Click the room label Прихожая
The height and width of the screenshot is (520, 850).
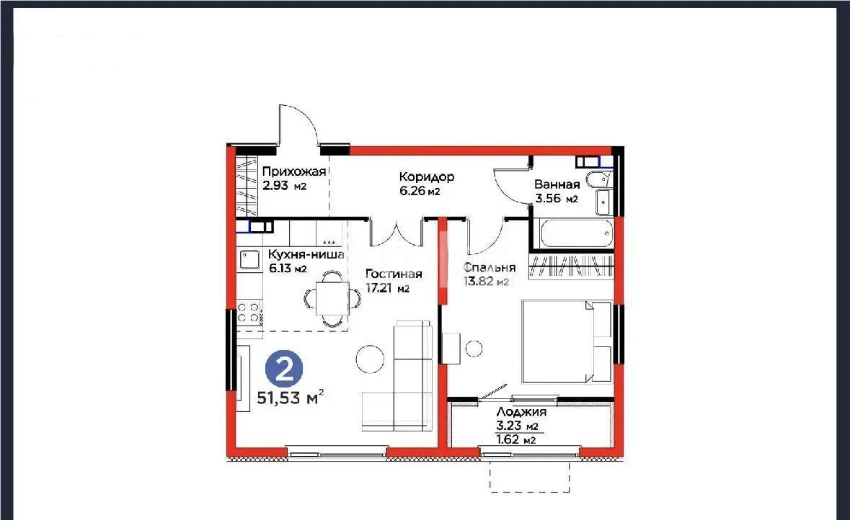[293, 171]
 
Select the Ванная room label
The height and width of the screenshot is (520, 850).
[557, 184]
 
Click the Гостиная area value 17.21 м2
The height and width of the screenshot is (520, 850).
[387, 289]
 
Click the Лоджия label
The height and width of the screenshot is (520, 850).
[521, 412]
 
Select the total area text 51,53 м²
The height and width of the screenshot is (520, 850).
[290, 398]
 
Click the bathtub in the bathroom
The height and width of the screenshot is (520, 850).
[572, 233]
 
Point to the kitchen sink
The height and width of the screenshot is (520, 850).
[250, 259]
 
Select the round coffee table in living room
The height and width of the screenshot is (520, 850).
[371, 359]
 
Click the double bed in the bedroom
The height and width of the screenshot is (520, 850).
[566, 341]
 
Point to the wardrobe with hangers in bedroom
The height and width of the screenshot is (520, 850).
[572, 266]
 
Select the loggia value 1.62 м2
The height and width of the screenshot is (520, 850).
[518, 439]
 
